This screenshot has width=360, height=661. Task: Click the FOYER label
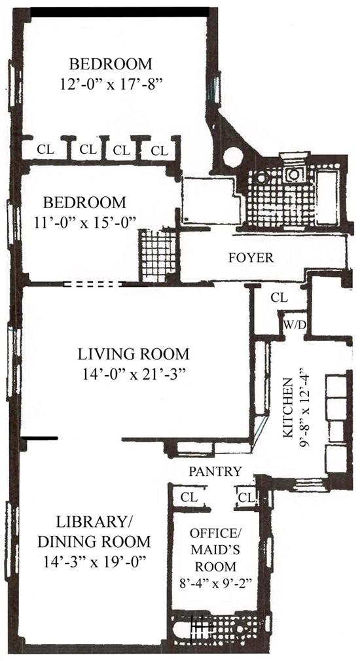251,258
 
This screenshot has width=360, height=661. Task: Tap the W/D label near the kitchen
295,325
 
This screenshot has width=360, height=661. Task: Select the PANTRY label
215,471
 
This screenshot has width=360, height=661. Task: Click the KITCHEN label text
287,408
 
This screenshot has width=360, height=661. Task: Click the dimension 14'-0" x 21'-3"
134,373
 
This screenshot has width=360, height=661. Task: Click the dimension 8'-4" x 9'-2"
215,582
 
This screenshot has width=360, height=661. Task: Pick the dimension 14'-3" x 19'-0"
94,561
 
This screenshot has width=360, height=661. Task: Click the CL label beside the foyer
279,298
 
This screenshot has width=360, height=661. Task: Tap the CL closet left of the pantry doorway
189,497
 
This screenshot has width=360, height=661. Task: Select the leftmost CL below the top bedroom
45,149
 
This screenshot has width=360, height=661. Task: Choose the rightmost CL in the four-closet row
159,151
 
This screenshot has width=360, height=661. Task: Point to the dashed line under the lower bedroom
93,285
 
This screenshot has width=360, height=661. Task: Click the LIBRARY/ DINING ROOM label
94,531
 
